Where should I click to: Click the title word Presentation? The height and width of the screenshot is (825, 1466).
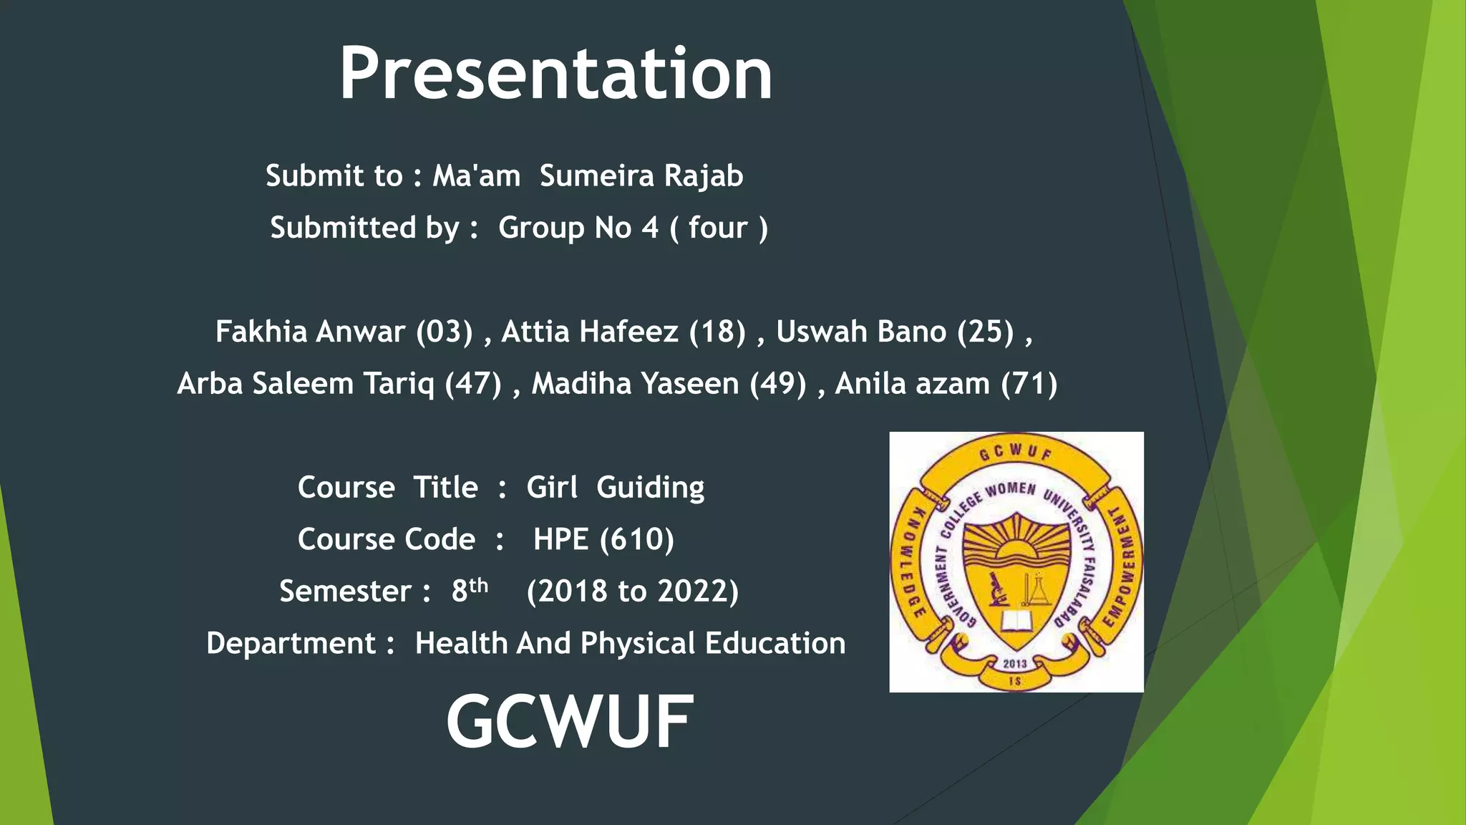555,73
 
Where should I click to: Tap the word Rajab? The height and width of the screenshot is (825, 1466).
704,176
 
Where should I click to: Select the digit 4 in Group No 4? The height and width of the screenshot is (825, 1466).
650,228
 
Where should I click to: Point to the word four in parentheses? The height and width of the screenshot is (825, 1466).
718,228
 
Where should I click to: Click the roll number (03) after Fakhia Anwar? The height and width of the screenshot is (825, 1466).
445,332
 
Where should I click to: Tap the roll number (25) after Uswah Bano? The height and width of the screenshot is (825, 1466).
986,332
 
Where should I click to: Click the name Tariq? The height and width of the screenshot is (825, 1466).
398,384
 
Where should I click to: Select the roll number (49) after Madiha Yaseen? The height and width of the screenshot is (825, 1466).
778,384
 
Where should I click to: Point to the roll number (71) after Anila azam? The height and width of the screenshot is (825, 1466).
1029,384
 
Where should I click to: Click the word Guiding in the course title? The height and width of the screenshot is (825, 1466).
650,488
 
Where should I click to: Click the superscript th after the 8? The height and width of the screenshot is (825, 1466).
479,586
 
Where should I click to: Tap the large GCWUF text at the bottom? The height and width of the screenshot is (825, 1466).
570,722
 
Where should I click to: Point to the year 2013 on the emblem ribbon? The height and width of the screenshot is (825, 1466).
1015,664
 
